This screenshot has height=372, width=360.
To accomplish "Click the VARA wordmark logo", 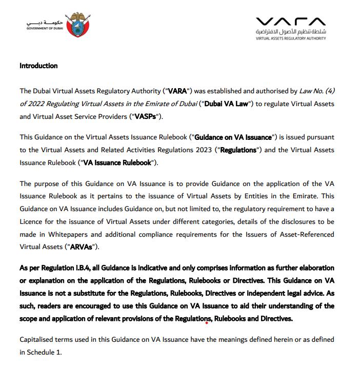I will pos(290,22).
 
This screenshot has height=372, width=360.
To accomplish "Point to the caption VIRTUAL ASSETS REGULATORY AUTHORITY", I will pos(291,38).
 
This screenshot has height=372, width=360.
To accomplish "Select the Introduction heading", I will pos(38,66).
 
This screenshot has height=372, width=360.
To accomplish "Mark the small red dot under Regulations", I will pos(206,323).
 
